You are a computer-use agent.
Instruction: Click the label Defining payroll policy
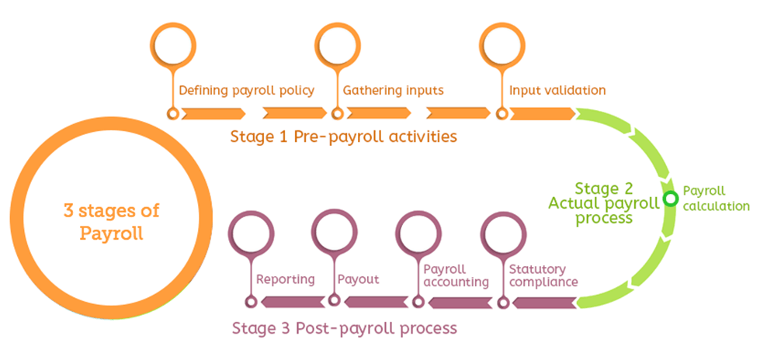point(247,91)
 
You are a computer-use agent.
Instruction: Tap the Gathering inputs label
point(393,91)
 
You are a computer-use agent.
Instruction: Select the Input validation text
point(557,91)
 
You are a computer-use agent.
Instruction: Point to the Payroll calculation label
point(717,198)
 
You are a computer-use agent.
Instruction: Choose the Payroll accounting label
point(456,275)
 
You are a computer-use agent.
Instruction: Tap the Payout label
point(358,279)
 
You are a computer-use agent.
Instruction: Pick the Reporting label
point(286,279)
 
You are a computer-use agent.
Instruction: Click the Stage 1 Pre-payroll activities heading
point(344,137)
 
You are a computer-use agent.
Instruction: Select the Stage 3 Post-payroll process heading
point(345,328)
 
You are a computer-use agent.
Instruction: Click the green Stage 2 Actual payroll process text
point(604,203)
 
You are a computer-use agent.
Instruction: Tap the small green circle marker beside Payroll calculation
point(671,199)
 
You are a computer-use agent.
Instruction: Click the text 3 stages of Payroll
point(112,223)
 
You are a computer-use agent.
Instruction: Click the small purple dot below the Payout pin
point(334,300)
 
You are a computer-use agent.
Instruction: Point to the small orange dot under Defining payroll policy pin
point(172,114)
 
